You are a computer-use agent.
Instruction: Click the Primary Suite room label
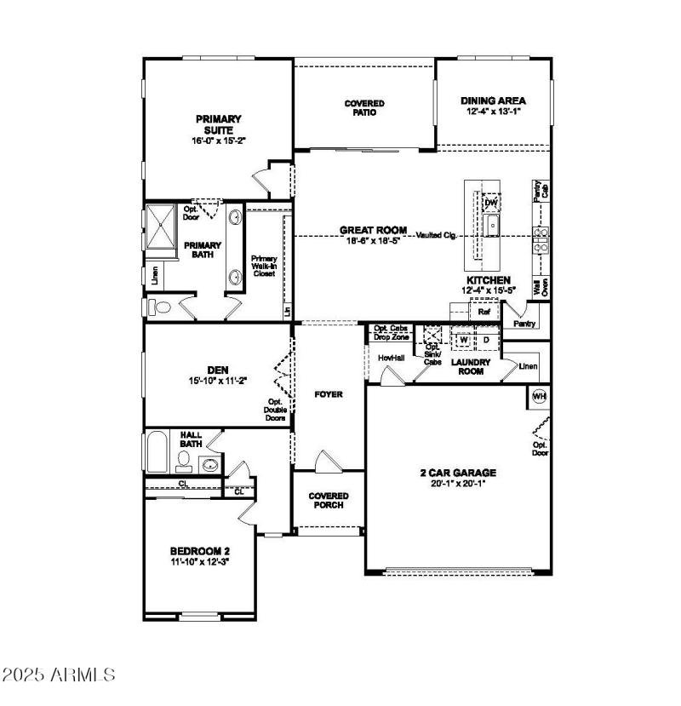point(219,124)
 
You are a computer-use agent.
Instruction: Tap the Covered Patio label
point(364,108)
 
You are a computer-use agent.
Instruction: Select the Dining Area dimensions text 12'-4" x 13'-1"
point(493,112)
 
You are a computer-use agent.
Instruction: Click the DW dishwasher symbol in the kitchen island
point(490,204)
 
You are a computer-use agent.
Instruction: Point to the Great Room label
point(373,230)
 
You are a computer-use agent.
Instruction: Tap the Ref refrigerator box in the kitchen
point(484,312)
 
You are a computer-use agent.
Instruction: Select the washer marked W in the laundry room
point(463,341)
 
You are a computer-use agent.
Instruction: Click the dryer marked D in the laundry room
point(486,341)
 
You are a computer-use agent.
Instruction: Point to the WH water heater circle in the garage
point(539,396)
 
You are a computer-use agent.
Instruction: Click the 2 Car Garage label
point(458,473)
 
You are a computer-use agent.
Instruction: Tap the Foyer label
point(328,395)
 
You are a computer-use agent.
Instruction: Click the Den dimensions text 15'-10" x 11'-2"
point(218,382)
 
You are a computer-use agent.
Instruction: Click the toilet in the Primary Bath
point(160,307)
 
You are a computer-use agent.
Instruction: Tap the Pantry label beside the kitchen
point(525,324)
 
